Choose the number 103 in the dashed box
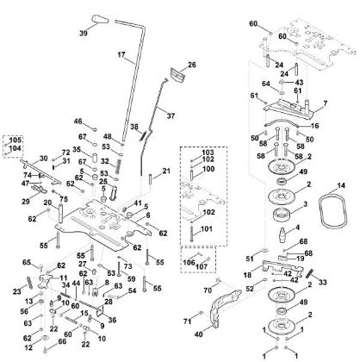pos(206,152)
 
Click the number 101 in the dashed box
pos(206,230)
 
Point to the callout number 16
pos(315,126)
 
